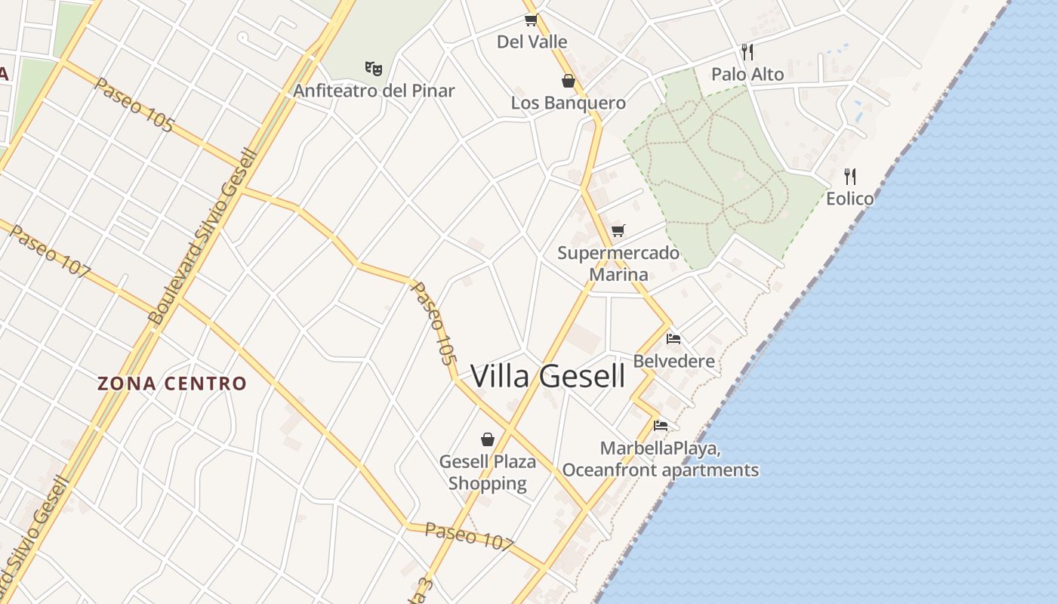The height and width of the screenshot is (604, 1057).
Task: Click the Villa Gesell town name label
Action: coord(548,376)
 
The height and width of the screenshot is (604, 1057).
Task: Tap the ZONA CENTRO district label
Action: coord(172,384)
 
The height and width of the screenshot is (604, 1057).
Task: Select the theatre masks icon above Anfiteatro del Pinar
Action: coord(374,69)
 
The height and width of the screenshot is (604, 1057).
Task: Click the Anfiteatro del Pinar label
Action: coord(374,91)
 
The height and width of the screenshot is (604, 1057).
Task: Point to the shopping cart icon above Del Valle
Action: coord(531,20)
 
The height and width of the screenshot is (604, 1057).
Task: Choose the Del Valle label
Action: coord(532,42)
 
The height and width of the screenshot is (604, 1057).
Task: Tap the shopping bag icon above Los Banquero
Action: coord(569,81)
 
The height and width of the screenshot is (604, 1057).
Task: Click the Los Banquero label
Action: coord(569,103)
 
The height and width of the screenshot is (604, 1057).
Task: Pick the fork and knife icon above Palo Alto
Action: coord(747,51)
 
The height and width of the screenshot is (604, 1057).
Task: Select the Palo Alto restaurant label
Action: coord(747,74)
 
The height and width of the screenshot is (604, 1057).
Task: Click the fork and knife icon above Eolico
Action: coord(850,177)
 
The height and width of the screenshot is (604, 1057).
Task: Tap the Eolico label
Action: coord(850,199)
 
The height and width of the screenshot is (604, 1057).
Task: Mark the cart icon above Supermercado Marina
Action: coord(618,230)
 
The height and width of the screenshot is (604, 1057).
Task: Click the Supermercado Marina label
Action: coord(618,263)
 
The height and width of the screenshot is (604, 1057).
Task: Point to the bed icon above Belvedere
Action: coord(673,339)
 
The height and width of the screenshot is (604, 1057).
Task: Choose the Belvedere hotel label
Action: coord(673,361)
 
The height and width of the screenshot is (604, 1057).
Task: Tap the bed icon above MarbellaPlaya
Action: coord(661,426)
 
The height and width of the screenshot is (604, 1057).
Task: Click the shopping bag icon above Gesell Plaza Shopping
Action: coord(488,439)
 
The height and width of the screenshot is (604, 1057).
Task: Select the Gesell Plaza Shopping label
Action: coord(488,472)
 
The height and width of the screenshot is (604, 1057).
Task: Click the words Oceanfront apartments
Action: coord(661,470)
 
